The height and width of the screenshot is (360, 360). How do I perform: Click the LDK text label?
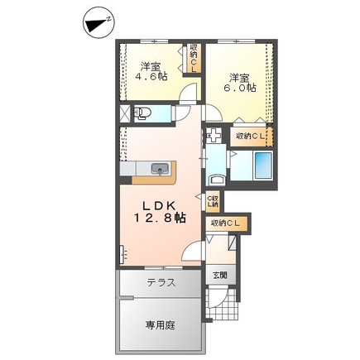click(x=162, y=204)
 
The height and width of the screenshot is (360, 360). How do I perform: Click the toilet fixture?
click(x=142, y=112)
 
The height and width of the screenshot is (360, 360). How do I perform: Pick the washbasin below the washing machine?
click(x=217, y=173)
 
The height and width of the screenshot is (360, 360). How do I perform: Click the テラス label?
click(x=161, y=283)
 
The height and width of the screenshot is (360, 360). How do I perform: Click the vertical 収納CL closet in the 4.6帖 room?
click(x=194, y=57)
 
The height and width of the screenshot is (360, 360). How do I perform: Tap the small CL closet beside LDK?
click(x=212, y=200)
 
